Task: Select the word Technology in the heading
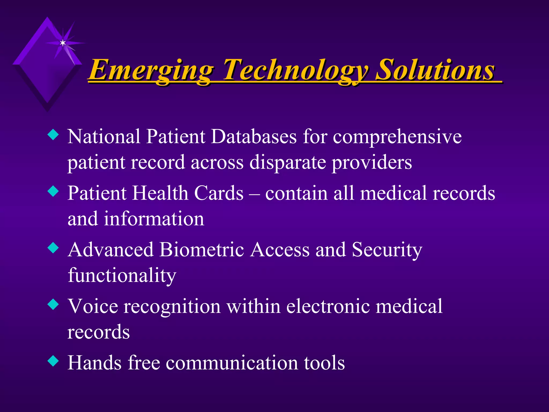[x=295, y=70]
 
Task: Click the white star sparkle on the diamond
[x=63, y=43]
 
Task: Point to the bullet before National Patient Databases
[x=53, y=135]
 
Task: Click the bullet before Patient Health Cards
[x=53, y=192]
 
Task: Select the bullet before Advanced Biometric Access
[x=53, y=248]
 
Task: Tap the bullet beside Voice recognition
[x=53, y=304]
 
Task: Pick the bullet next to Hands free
[x=53, y=361]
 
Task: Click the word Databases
[x=254, y=137]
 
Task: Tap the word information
[x=154, y=219]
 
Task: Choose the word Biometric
[x=202, y=250]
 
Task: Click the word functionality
[x=122, y=276]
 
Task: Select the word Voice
[x=92, y=306]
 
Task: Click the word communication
[x=232, y=363]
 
